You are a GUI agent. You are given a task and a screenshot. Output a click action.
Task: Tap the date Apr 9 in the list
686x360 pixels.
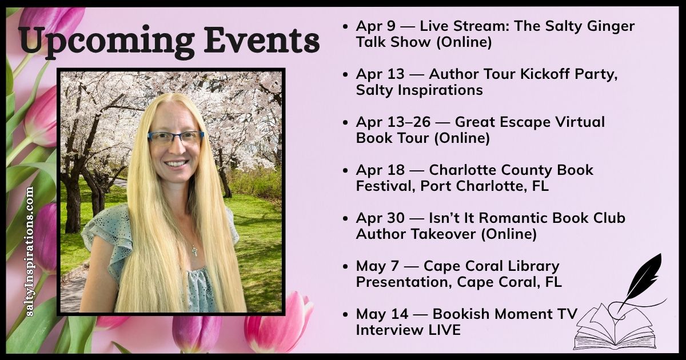click(373, 26)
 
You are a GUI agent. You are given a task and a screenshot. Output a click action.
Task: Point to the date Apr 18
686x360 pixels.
click(377, 170)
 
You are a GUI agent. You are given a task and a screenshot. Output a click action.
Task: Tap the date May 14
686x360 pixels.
click(378, 314)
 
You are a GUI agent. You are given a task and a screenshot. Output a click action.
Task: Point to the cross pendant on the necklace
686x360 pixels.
click(194, 250)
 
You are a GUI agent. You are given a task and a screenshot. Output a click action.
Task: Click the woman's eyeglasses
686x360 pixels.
click(176, 137)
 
